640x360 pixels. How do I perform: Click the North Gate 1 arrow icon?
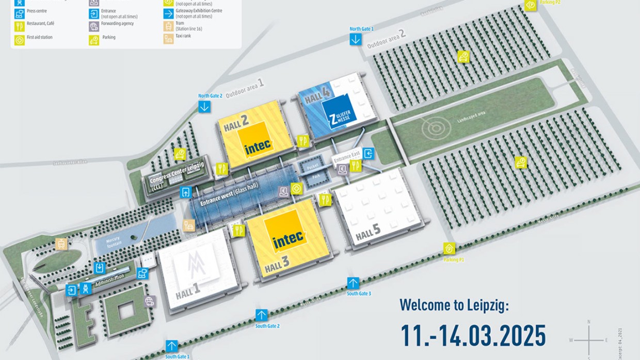click(x=356, y=40)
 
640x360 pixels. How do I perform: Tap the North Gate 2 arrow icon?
click(x=204, y=106)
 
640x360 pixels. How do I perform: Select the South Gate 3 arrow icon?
click(x=353, y=283)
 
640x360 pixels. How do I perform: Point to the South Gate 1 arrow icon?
click(x=171, y=346)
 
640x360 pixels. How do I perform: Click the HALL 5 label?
click(x=368, y=233)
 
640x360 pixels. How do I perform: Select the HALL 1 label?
click(x=188, y=292)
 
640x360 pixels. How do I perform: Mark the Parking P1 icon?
click(x=449, y=249)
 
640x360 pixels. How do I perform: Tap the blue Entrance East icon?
click(x=369, y=153)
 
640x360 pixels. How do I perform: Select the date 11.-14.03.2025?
click(x=473, y=335)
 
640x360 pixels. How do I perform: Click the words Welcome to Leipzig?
click(x=454, y=305)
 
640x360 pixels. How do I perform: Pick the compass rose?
click(x=589, y=339)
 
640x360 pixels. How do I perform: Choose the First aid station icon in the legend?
click(x=20, y=40)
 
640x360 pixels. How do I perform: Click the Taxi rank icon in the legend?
click(x=169, y=38)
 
